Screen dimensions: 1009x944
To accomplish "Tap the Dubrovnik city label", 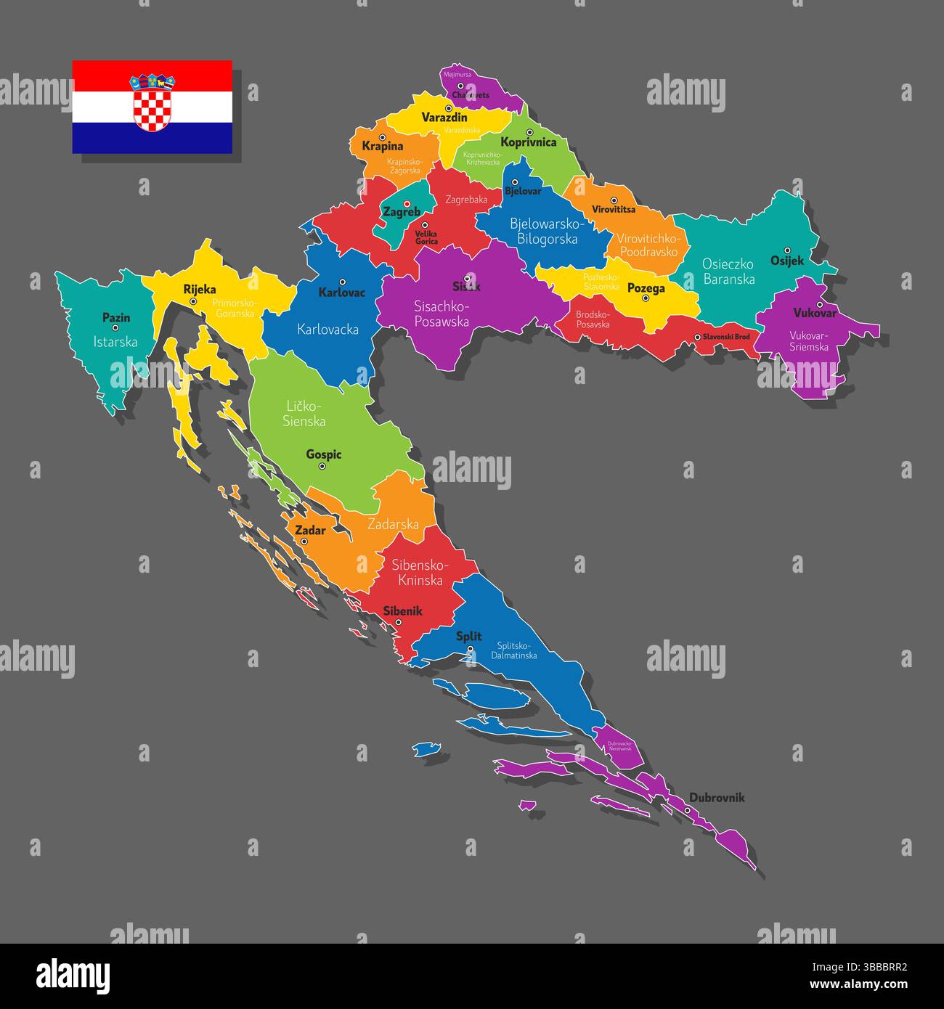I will tap(717, 798).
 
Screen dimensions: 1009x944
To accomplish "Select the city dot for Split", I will tap(470, 649).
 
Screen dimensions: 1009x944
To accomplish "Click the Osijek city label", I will tap(787, 261).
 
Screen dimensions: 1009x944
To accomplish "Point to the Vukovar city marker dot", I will tap(819, 304).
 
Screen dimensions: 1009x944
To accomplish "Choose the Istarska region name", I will tap(115, 341).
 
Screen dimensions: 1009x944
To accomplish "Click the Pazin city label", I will tap(116, 317).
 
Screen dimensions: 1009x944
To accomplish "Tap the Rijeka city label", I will tap(200, 289).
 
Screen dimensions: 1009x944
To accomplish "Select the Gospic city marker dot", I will tap(322, 467).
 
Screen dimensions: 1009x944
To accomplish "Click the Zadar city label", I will tap(310, 530).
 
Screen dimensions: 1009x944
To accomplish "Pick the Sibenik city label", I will tap(403, 611).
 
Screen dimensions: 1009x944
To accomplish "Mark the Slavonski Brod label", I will tap(726, 337).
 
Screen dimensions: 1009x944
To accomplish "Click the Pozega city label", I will tap(646, 288).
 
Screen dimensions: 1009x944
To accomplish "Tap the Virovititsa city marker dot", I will tap(614, 200).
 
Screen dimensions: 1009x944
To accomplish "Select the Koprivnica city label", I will tap(529, 142).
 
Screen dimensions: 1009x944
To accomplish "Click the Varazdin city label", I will tap(444, 117).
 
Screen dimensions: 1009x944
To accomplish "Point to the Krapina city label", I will tap(382, 146).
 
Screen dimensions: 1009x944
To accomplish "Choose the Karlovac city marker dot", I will tap(342, 282).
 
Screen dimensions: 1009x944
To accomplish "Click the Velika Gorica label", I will tap(426, 237).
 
